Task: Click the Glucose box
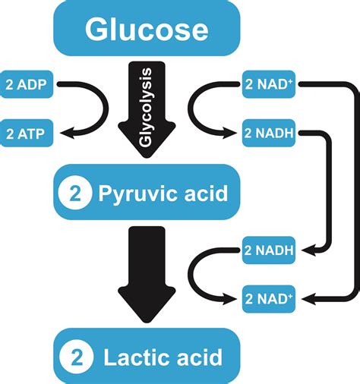coord(147,30)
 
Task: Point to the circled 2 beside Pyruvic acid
coord(74,193)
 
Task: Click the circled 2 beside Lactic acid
coord(74,356)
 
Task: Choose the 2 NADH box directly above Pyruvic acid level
coord(267,134)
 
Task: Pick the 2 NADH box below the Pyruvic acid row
coord(267,250)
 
